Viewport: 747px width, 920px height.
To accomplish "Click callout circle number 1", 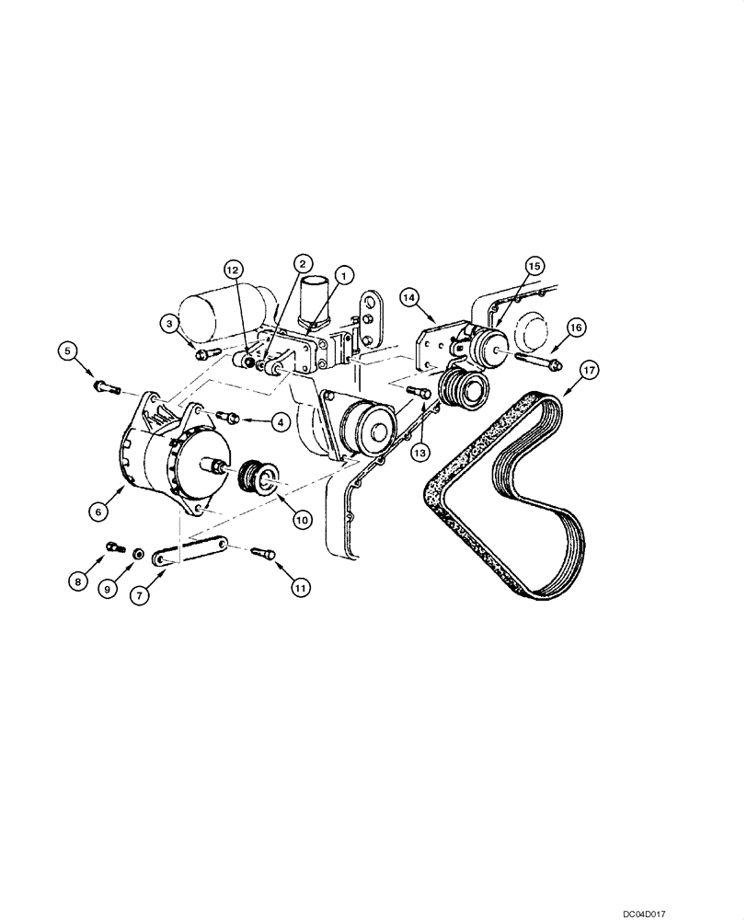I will pyautogui.click(x=343, y=274).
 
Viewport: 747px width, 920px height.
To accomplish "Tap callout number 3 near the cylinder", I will pyautogui.click(x=170, y=323).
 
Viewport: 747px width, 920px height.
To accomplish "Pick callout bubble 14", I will pyautogui.click(x=409, y=296).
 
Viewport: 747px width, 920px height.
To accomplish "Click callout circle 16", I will pyautogui.click(x=576, y=328).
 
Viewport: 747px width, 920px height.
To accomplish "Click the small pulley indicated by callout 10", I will pyautogui.click(x=258, y=480).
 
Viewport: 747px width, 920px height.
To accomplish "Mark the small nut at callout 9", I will pyautogui.click(x=136, y=554).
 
